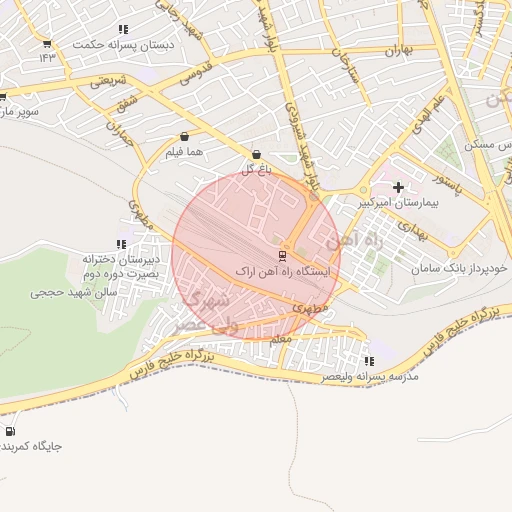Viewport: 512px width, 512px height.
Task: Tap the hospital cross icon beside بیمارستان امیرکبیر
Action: tap(399, 187)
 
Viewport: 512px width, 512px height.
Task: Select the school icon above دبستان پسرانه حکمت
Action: tap(123, 30)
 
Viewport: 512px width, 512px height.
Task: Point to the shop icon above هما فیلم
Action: tap(185, 137)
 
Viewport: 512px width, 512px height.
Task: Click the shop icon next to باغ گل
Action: tap(257, 155)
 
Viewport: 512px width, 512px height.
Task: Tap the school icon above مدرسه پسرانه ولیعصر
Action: tap(369, 361)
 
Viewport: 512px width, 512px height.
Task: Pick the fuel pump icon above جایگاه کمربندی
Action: tap(10, 432)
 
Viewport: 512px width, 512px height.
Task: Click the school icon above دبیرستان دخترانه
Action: tap(121, 244)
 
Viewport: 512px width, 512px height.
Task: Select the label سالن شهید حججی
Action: tap(75, 293)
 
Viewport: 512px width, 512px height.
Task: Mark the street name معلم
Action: tap(281, 340)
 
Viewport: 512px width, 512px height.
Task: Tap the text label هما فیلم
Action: tap(186, 152)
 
